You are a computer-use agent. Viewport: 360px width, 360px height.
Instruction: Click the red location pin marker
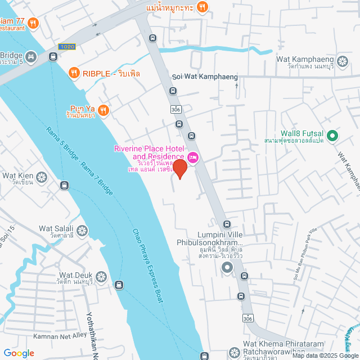[x=179, y=169]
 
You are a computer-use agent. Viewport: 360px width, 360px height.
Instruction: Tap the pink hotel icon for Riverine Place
[x=193, y=157]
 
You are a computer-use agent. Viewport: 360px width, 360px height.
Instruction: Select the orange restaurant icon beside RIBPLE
[x=74, y=73]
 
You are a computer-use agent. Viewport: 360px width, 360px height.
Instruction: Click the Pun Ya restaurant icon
[x=103, y=110]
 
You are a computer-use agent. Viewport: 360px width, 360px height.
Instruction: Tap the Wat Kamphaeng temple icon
[x=343, y=61]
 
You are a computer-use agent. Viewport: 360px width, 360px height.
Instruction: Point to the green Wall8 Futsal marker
[x=332, y=135]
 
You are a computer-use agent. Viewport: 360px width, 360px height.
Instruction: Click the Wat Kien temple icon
[x=42, y=178]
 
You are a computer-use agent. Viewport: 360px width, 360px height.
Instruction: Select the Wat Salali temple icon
[x=83, y=231]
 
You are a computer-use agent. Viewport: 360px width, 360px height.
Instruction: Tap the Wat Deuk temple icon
[x=101, y=277]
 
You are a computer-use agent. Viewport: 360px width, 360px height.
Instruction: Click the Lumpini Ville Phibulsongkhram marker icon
[x=227, y=268]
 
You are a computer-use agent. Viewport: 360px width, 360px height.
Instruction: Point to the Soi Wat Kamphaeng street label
[x=205, y=76]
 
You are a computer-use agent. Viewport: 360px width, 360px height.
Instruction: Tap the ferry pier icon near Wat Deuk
[x=119, y=285]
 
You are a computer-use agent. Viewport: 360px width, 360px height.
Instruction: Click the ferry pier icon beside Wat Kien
[x=65, y=185]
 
